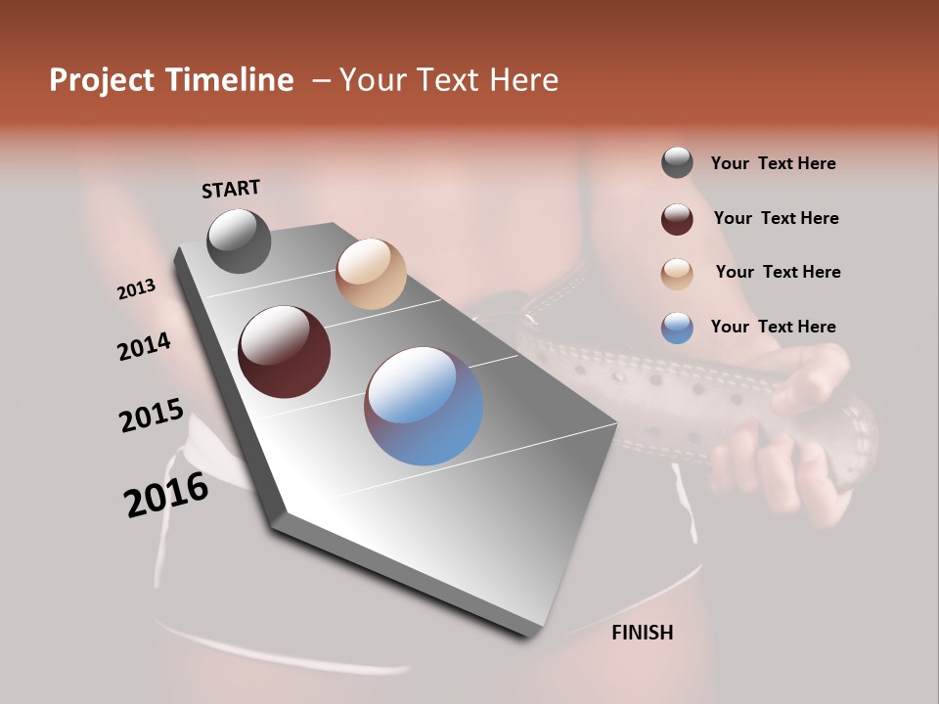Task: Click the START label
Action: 231,189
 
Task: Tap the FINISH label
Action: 643,633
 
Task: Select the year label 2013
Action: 136,289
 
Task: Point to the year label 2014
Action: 145,347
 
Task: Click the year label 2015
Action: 152,416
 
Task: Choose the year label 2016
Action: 166,495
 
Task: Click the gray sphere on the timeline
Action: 239,241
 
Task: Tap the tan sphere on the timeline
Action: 371,274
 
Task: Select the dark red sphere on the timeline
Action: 285,352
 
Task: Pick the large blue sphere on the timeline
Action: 424,406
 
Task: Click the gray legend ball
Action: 677,163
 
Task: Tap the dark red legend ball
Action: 677,218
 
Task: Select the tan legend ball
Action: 677,273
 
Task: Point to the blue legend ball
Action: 677,328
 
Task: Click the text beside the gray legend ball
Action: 773,163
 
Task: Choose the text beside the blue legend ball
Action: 773,327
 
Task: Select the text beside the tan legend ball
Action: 778,272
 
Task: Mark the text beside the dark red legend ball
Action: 776,218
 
